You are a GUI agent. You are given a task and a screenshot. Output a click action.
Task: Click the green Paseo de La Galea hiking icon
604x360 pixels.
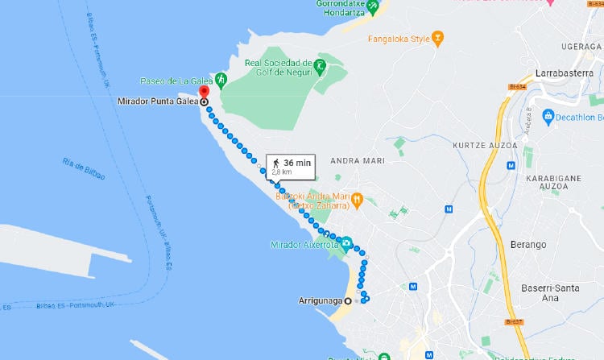click(221, 81)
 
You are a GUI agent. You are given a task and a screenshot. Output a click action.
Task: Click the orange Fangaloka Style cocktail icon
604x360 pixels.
click(438, 37)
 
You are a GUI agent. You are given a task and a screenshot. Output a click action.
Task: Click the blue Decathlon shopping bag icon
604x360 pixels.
click(548, 117)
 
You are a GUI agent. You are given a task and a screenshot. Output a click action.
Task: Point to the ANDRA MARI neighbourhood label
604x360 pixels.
click(354, 160)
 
